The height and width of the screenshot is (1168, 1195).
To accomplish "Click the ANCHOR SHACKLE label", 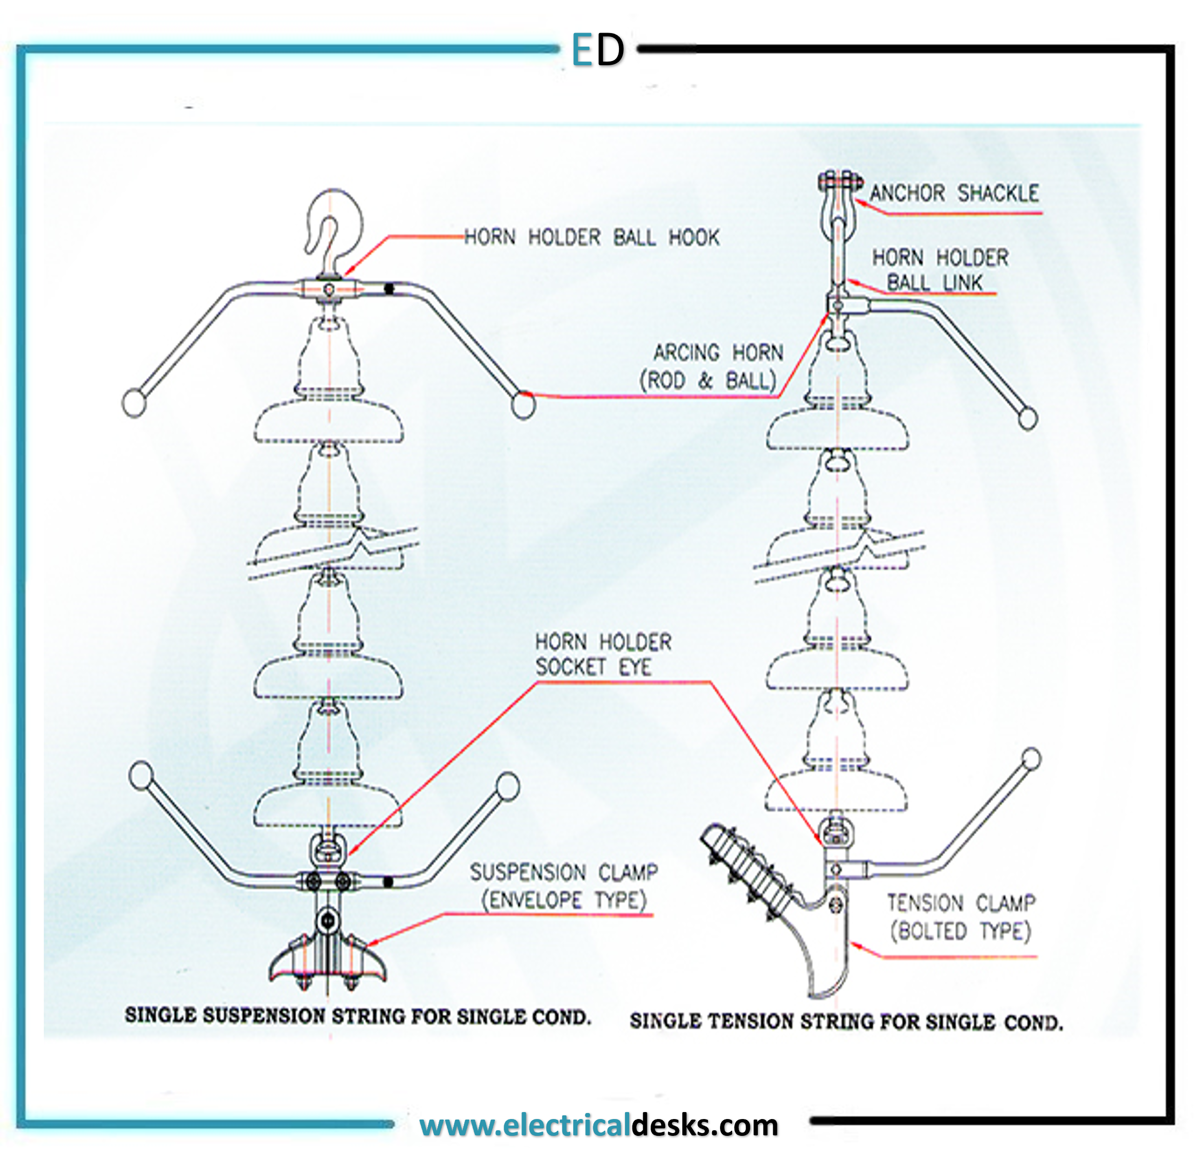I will pyautogui.click(x=954, y=194).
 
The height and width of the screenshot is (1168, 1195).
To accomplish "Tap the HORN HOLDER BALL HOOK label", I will pyautogui.click(x=591, y=237).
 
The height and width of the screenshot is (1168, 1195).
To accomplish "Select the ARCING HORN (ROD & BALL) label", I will pyautogui.click(x=712, y=367).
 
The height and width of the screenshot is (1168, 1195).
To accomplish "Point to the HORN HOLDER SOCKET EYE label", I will pyautogui.click(x=603, y=654).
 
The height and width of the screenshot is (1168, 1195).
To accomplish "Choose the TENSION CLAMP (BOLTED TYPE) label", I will pyautogui.click(x=961, y=917).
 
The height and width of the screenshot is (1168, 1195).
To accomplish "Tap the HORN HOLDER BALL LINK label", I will pyautogui.click(x=940, y=270).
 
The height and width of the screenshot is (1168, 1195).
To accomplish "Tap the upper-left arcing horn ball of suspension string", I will pyautogui.click(x=134, y=403).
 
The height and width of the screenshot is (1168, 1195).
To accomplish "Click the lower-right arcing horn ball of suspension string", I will pyautogui.click(x=508, y=786).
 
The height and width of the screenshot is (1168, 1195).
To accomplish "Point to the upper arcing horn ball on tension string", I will pyautogui.click(x=1028, y=419).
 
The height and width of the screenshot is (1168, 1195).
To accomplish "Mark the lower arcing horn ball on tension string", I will pyautogui.click(x=1031, y=759).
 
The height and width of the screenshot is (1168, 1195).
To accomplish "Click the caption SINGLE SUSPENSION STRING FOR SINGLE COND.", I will pyautogui.click(x=357, y=1017).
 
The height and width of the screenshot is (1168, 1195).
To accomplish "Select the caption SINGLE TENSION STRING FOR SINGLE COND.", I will pyautogui.click(x=846, y=1021).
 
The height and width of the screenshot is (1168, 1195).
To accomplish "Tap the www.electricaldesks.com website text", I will pyautogui.click(x=599, y=1125).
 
